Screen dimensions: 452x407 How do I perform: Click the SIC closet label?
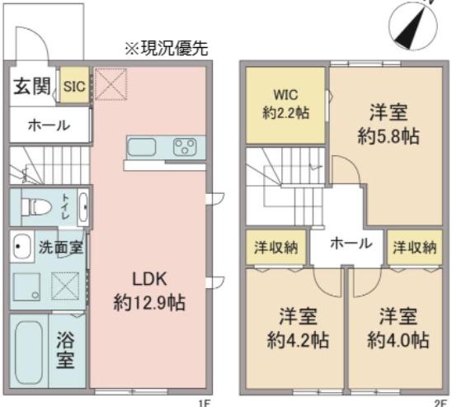(x=74, y=86)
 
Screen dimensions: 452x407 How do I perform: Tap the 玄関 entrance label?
(x=32, y=86)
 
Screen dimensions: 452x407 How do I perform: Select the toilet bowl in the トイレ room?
(x=36, y=206)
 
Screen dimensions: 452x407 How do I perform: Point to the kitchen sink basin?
(x=142, y=148)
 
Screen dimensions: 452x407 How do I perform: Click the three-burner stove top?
(x=185, y=148)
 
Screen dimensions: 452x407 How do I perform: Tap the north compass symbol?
(x=412, y=26)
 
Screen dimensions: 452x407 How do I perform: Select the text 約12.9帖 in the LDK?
(x=149, y=302)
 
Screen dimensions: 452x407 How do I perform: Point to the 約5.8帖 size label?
(x=388, y=136)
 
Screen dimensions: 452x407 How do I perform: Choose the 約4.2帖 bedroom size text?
(x=298, y=340)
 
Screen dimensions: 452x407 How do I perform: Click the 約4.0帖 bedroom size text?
(x=398, y=340)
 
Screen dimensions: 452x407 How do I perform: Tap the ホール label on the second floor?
(x=351, y=244)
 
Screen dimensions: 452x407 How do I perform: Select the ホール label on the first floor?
(x=49, y=125)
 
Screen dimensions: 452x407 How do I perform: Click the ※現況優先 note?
(x=167, y=48)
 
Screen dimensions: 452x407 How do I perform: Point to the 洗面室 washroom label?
(x=61, y=247)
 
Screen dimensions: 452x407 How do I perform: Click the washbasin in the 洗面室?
(x=21, y=247)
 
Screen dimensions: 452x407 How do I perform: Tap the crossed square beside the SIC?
(x=111, y=84)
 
